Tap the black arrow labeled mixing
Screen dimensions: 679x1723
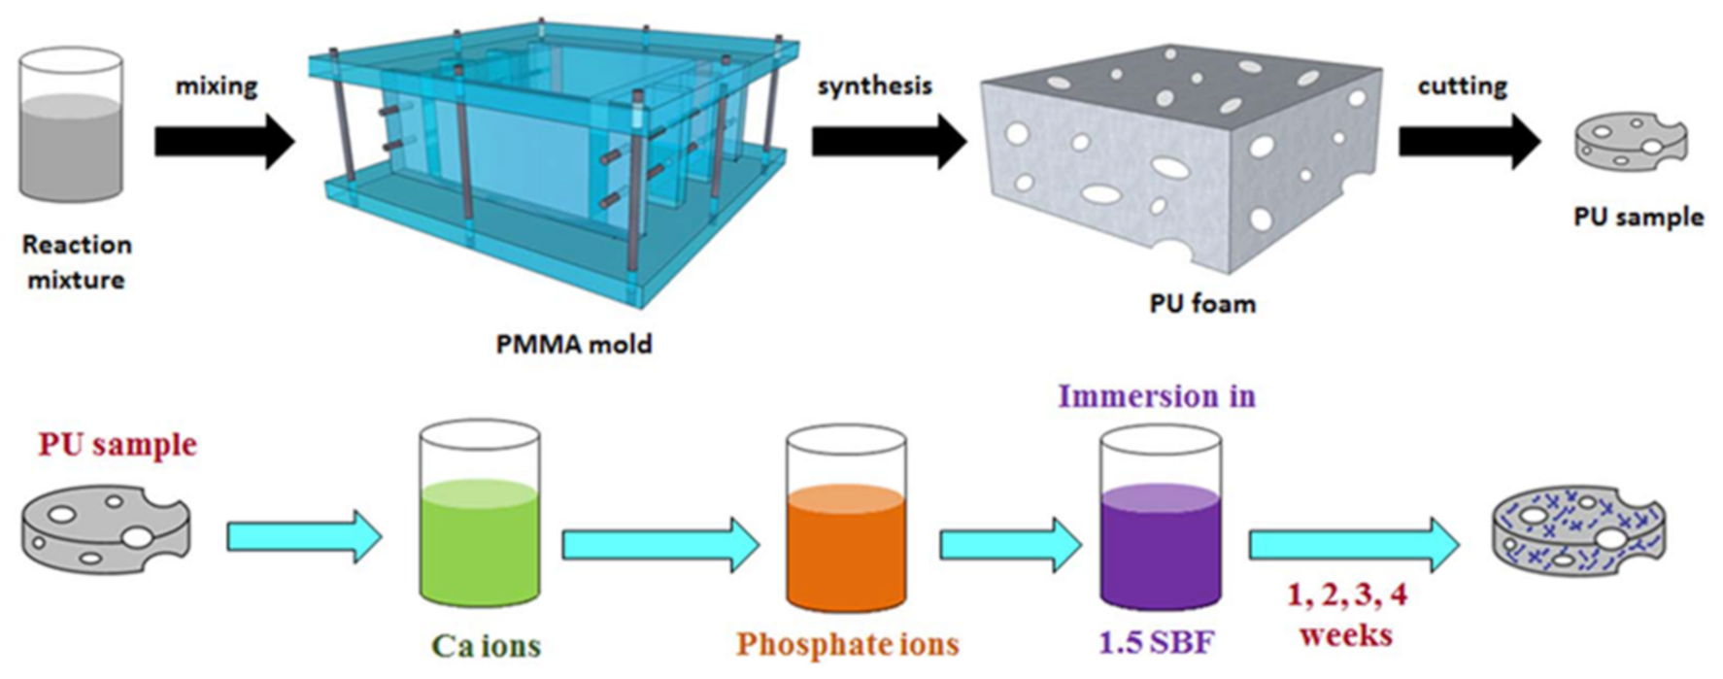tap(224, 142)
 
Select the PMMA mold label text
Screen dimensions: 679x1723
tap(573, 344)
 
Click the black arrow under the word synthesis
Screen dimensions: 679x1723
tap(888, 142)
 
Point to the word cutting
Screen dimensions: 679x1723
tap(1462, 86)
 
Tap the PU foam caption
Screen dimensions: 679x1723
tap(1202, 304)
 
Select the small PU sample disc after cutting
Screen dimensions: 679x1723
tap(1630, 142)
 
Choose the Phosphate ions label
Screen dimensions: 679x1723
tap(847, 644)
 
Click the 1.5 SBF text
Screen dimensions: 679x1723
tap(1156, 642)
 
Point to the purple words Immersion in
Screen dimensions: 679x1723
tap(1156, 396)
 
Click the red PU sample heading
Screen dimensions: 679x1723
tap(118, 445)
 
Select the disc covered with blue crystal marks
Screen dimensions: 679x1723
tap(1577, 532)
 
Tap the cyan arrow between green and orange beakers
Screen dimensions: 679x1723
tap(660, 545)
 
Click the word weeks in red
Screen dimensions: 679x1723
tap(1345, 636)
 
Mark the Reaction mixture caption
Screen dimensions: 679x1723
tap(77, 262)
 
